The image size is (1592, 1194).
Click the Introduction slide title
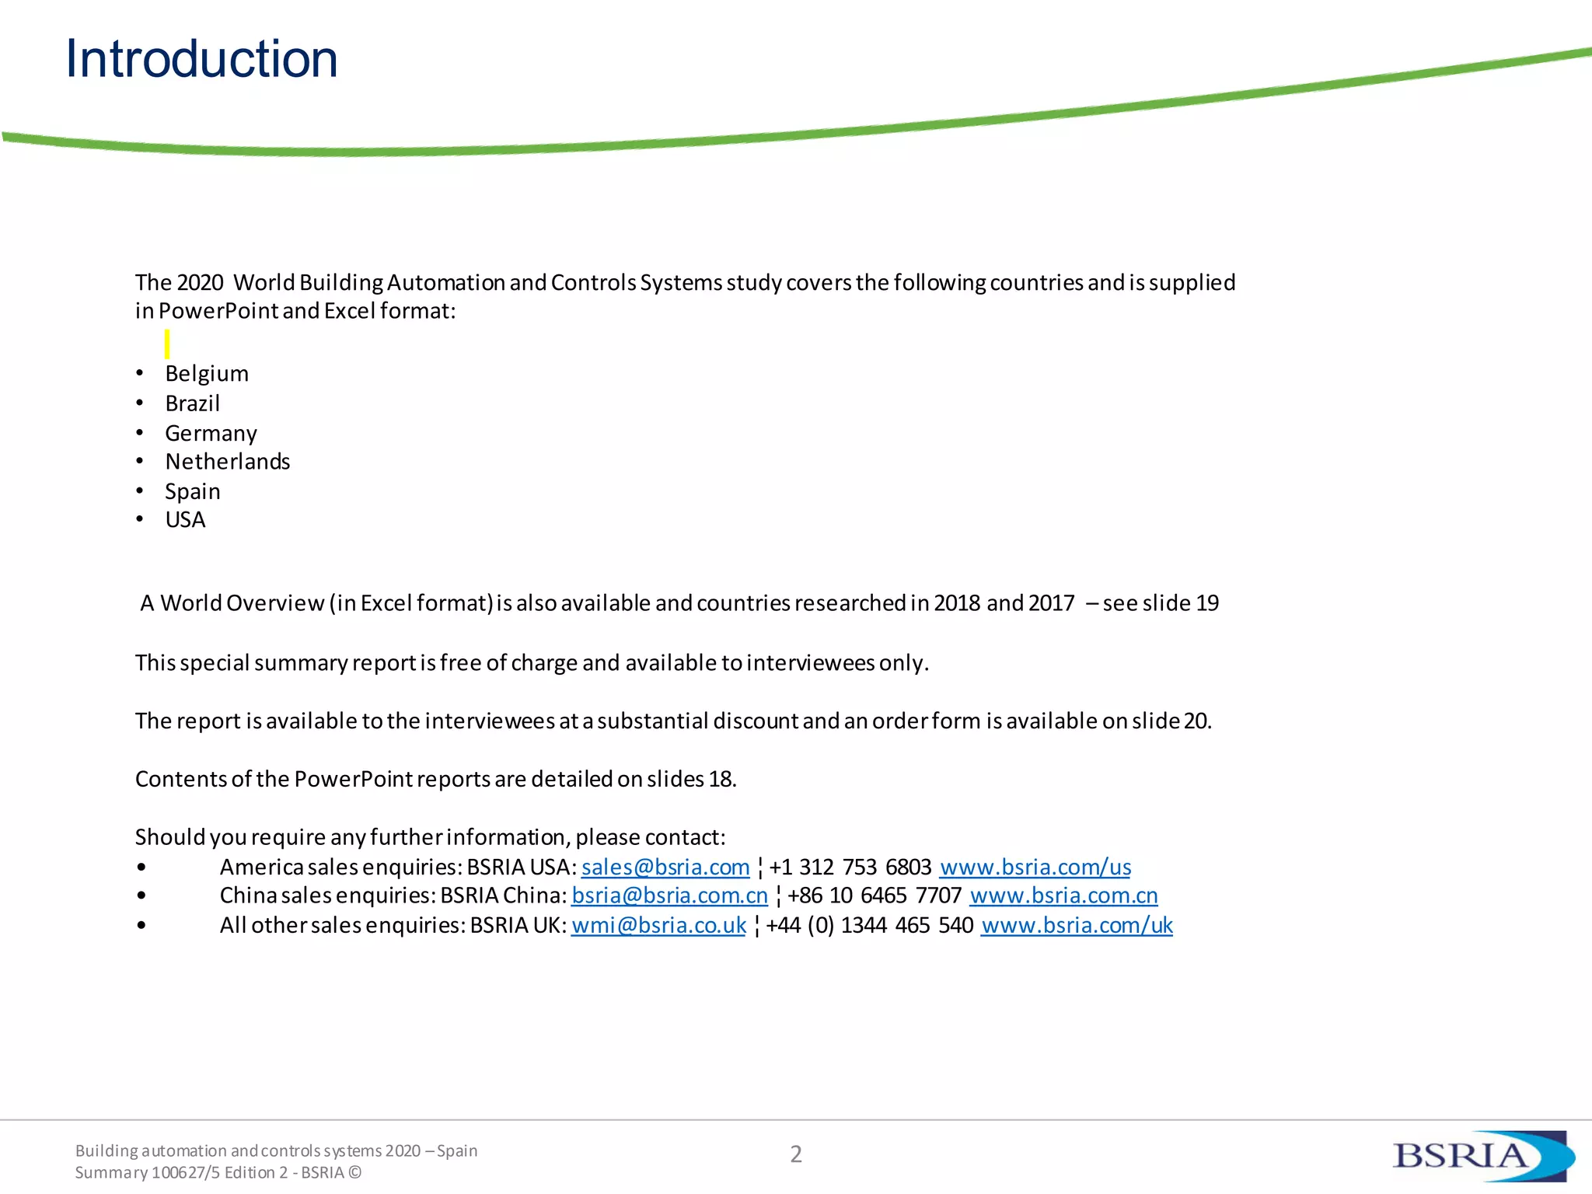click(x=201, y=59)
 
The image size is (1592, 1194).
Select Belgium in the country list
click(x=207, y=374)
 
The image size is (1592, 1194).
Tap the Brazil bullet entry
click(x=193, y=403)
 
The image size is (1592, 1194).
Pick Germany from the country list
click(x=211, y=433)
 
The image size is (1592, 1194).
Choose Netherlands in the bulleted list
click(x=228, y=462)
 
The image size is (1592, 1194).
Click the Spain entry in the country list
click(x=193, y=491)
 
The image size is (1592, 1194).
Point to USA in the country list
click(x=185, y=520)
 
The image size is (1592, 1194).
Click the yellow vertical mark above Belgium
click(x=167, y=344)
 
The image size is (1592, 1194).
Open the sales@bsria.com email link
click(x=665, y=867)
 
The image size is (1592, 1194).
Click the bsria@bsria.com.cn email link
click(x=669, y=895)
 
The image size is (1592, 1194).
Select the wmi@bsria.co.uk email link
click(x=658, y=925)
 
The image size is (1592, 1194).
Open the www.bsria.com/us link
click(x=1035, y=867)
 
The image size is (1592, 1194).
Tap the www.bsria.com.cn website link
click(x=1063, y=895)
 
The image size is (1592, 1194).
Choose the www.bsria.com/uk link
click(x=1077, y=925)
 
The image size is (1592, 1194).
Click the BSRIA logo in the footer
click(x=1482, y=1155)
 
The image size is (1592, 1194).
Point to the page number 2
click(x=796, y=1154)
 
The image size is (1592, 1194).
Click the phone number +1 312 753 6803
click(x=850, y=867)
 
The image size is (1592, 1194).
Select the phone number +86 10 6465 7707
click(x=875, y=895)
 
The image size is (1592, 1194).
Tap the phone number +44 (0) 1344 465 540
click(x=869, y=925)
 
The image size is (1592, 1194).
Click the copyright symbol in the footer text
click(x=355, y=1172)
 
